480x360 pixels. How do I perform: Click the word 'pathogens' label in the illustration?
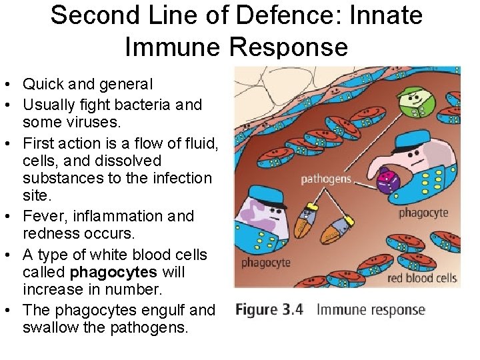point(326,179)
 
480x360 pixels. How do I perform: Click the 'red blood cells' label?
point(422,277)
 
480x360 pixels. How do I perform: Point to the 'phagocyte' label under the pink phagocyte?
point(423,213)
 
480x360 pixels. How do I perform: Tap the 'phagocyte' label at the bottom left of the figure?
point(266,262)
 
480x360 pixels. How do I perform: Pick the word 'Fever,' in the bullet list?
point(42,217)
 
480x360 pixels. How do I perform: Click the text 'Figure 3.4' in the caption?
point(269,309)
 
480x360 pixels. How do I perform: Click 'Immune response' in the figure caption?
point(370,309)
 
